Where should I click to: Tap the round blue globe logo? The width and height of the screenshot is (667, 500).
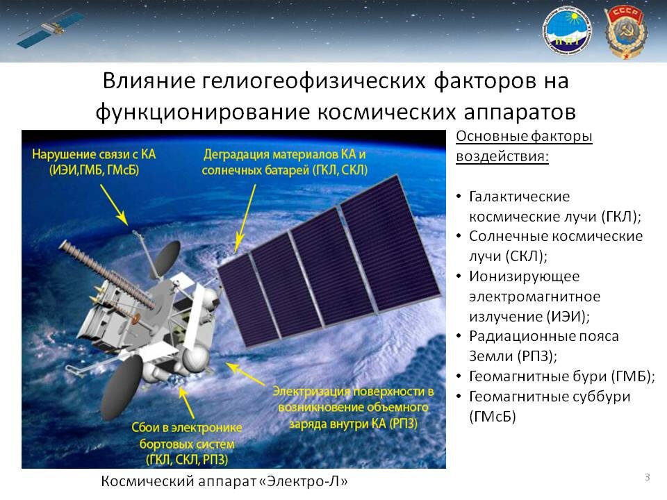click(x=566, y=31)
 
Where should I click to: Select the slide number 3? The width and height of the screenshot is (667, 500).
click(x=648, y=476)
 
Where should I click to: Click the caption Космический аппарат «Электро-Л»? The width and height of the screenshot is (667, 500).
click(x=224, y=481)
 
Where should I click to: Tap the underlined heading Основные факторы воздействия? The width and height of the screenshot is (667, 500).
click(x=523, y=146)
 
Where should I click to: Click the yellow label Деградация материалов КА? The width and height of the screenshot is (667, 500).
click(x=284, y=154)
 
